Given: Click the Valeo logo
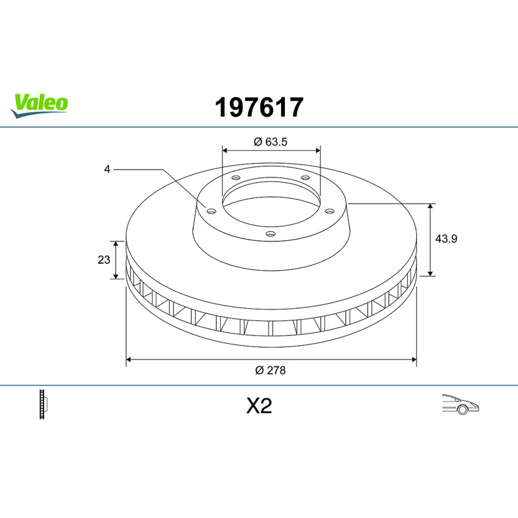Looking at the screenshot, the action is (39, 106).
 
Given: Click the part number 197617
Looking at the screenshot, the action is (259, 107).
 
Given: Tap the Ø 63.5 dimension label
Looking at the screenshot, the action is (271, 142).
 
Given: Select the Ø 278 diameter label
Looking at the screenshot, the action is (270, 370).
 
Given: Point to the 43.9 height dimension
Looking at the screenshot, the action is (446, 238).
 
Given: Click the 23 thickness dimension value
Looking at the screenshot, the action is (104, 260).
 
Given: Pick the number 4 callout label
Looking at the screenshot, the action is (107, 169).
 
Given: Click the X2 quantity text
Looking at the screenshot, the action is (259, 406).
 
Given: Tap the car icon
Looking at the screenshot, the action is (460, 404).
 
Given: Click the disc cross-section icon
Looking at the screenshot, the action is (43, 404).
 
